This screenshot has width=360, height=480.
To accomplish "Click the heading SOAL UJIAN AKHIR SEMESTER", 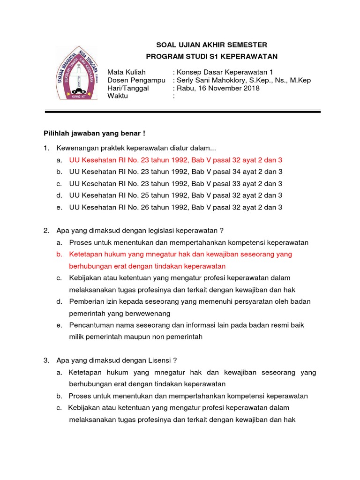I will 211,45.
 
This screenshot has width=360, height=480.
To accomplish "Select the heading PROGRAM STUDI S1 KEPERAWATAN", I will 212,57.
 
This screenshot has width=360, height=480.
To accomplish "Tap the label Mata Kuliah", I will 127,72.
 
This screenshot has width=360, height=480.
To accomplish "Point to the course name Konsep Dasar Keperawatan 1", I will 225,72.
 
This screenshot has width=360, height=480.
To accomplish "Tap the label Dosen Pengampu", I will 136,80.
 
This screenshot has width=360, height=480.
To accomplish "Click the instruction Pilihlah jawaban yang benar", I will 94,133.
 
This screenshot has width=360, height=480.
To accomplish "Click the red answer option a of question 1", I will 176,160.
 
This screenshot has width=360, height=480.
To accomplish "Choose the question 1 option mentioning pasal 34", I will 176,172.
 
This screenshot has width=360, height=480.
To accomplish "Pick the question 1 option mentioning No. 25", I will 176,195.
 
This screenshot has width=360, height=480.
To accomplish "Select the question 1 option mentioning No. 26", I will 176,207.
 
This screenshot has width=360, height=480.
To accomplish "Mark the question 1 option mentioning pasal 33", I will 176,184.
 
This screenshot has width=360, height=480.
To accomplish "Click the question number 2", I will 46,231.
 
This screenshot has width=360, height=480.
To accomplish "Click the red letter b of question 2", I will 59,254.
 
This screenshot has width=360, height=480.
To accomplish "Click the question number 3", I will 46,360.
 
